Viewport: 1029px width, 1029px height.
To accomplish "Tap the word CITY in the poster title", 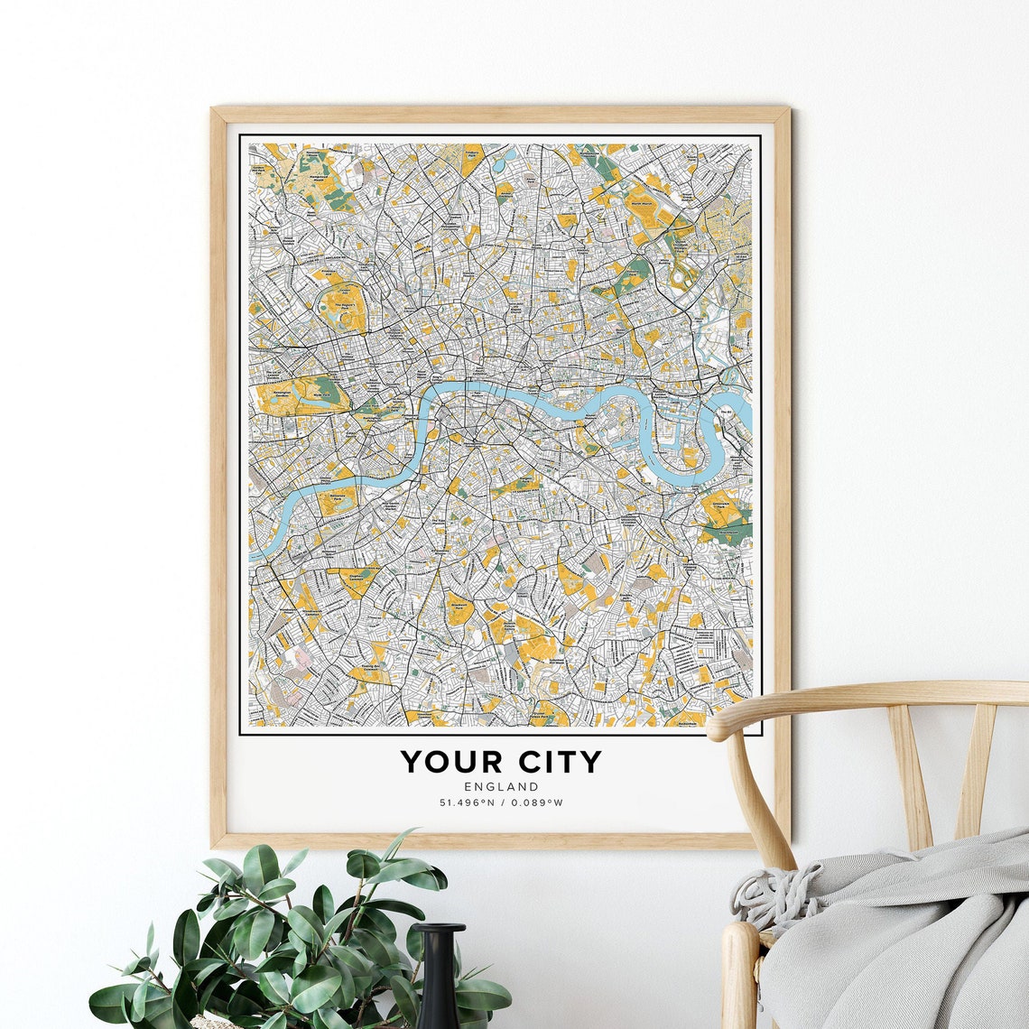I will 553,762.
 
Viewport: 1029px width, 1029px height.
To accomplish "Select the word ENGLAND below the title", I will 501,787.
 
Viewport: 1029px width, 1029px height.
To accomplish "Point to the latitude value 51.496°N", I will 469,802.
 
